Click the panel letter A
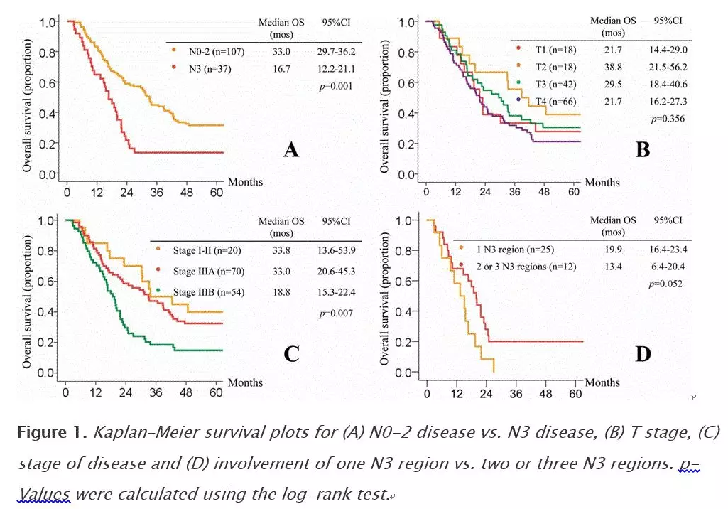290,150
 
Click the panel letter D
642,353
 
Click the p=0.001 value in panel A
336,86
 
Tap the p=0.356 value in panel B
668,119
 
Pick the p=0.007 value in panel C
336,314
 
